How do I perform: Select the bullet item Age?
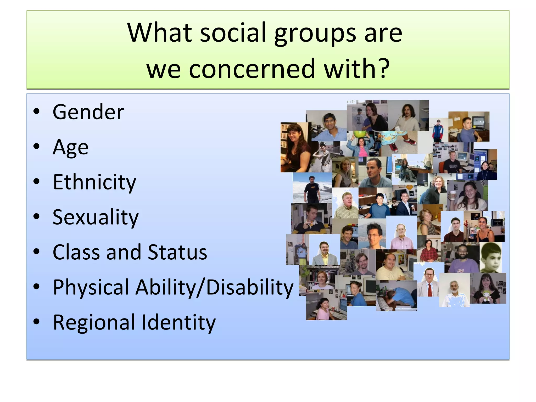(70, 147)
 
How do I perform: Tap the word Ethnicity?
(94, 182)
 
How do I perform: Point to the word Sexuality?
(95, 217)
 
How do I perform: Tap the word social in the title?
(233, 32)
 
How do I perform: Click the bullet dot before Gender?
(36, 111)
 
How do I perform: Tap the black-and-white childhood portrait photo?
(491, 257)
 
